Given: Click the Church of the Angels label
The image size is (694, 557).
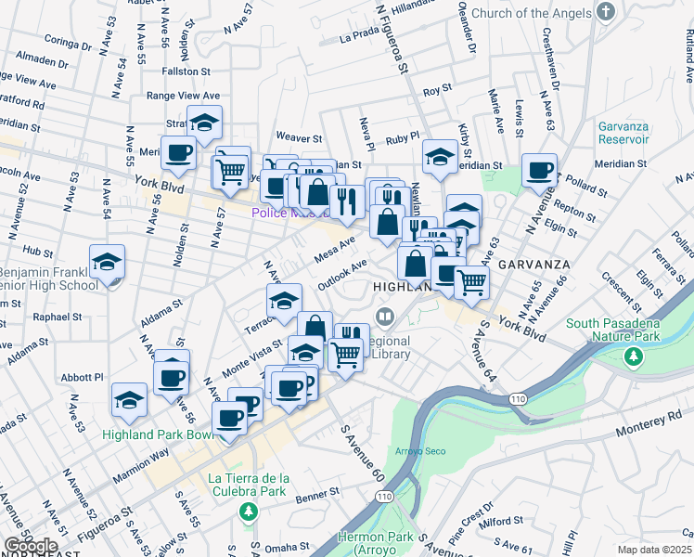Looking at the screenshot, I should click(530, 13).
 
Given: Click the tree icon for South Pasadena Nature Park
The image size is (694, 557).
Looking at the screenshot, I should click(635, 356).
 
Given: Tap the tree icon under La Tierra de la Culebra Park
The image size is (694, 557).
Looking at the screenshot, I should click(248, 512).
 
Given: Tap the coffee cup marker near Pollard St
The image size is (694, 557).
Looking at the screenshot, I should click(538, 171).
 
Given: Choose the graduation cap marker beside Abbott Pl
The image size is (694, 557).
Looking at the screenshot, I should click(129, 400).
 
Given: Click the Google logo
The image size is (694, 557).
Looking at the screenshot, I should click(30, 546).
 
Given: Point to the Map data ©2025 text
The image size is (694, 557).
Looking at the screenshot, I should click(655, 549).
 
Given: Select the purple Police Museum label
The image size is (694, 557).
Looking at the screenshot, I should click(288, 213).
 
